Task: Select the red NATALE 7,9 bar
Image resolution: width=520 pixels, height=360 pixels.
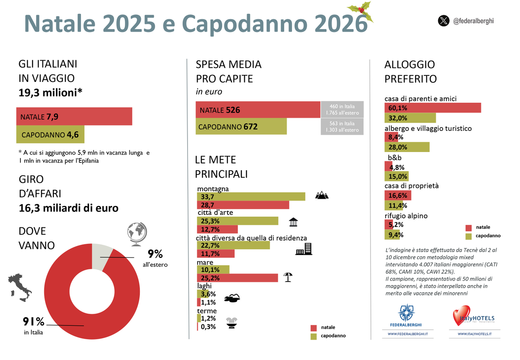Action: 74,117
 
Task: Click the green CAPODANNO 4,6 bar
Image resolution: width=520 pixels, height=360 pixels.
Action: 50,134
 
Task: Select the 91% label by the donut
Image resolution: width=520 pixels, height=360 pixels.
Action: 34,321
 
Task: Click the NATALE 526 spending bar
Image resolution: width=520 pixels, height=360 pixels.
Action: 257,110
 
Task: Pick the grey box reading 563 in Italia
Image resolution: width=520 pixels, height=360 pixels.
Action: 342,126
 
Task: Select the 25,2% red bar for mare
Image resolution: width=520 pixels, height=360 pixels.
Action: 237,278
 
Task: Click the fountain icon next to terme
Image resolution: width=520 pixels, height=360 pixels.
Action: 234,323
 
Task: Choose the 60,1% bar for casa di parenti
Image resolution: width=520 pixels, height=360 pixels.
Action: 432,107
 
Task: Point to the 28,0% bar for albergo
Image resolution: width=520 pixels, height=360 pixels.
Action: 407,147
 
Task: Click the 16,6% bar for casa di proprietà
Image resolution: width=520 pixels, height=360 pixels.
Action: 398,195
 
